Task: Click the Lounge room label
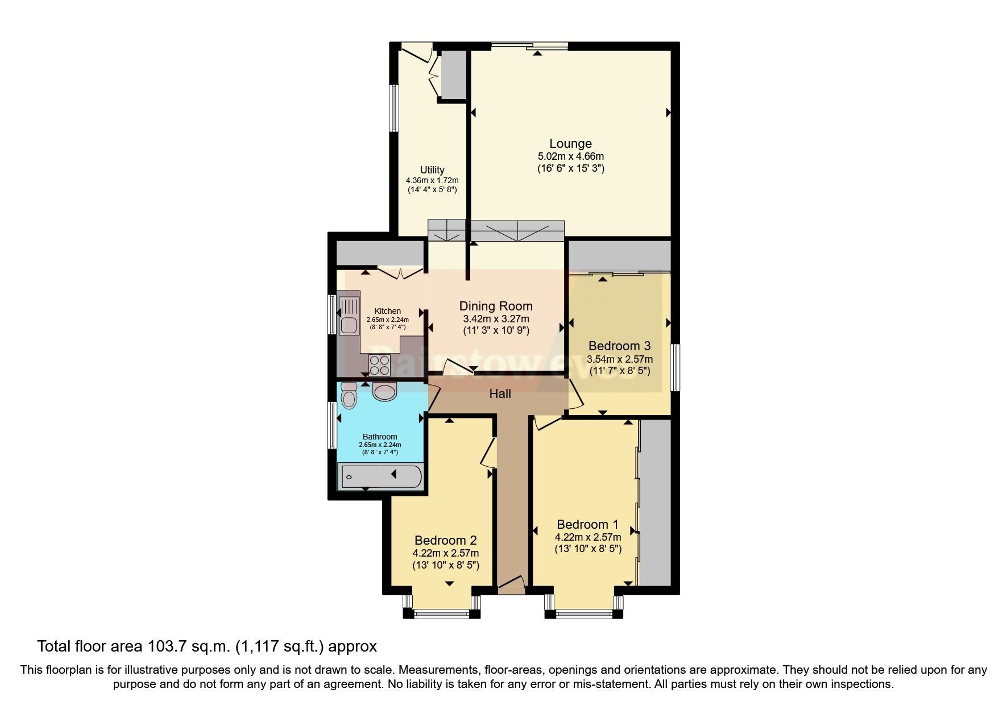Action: click(x=570, y=144)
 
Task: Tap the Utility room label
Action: click(x=432, y=170)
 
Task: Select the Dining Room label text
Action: click(x=496, y=306)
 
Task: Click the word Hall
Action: click(x=500, y=393)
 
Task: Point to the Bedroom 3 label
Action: click(x=619, y=346)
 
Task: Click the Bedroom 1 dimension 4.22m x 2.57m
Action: click(x=588, y=537)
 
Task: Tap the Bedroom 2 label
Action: click(x=445, y=540)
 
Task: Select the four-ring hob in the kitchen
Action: click(x=379, y=365)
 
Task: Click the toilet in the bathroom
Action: click(x=349, y=396)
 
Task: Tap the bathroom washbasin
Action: click(x=385, y=391)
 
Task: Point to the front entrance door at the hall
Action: click(x=511, y=586)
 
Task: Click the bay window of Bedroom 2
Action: click(x=442, y=613)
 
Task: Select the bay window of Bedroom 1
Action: click(x=584, y=613)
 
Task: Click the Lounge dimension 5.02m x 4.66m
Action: click(x=570, y=156)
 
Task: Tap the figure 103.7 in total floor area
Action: click(x=168, y=646)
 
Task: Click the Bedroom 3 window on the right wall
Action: click(x=674, y=367)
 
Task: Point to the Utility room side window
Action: click(x=393, y=108)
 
